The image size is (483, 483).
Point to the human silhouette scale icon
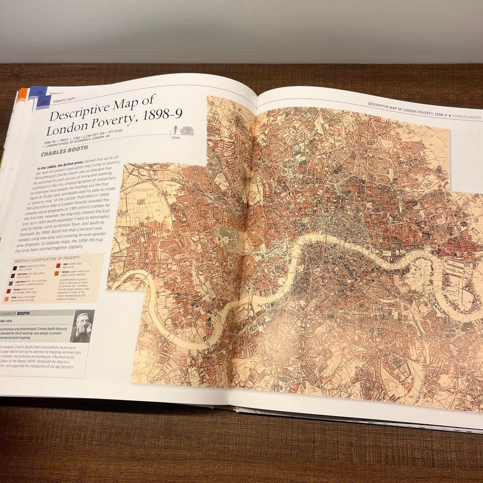click(x=175, y=130)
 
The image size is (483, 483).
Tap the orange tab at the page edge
click(x=21, y=97)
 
